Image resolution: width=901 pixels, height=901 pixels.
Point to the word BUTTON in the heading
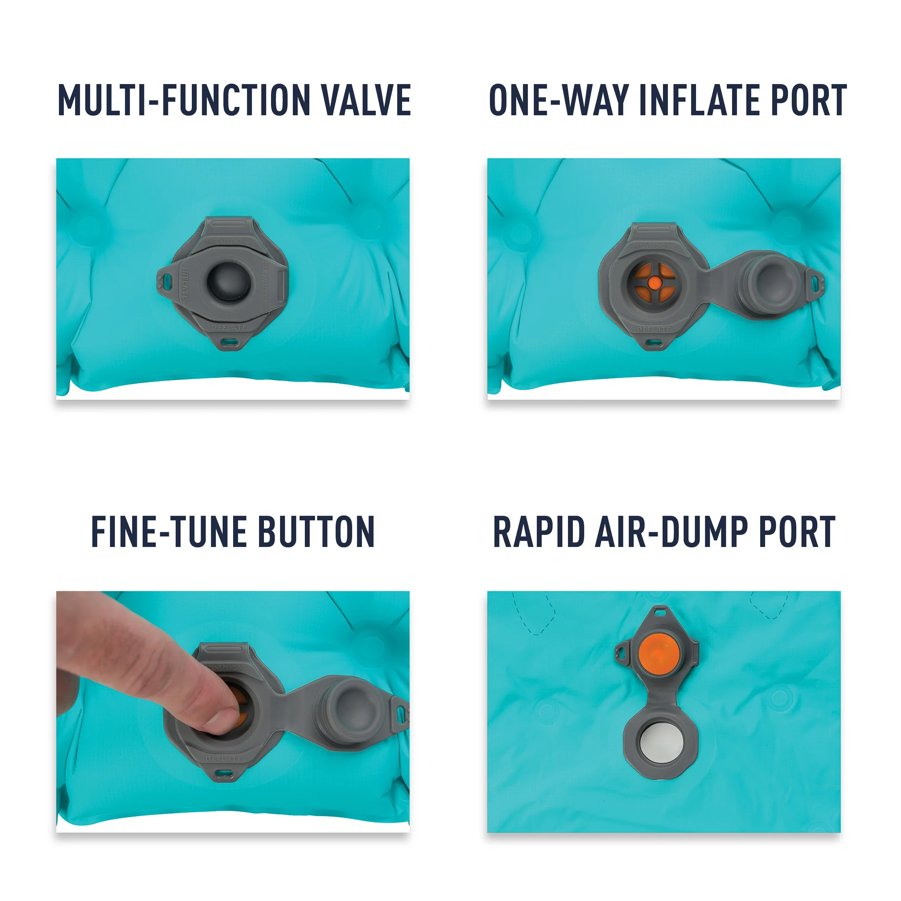click(x=316, y=531)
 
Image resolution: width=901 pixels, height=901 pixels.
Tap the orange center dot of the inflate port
click(x=655, y=282)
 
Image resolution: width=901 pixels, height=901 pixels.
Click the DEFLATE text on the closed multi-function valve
click(x=228, y=328)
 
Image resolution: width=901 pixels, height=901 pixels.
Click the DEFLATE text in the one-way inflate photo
click(x=654, y=329)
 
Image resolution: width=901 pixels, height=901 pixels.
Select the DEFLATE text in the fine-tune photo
click(x=224, y=759)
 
